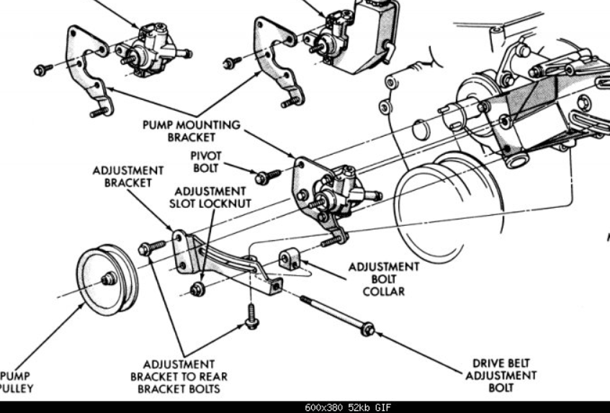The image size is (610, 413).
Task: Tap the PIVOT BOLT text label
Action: click(207, 162)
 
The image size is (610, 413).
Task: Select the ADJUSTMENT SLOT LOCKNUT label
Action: click(210, 197)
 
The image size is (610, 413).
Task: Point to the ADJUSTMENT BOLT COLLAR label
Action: click(383, 278)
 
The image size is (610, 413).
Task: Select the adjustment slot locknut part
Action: click(196, 289)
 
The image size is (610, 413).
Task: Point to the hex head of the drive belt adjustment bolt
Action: click(368, 330)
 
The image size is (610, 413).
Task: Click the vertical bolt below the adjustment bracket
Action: click(251, 317)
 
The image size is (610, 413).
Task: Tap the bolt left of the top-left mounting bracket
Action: click(42, 69)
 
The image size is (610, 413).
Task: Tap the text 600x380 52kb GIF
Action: click(349, 407)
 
